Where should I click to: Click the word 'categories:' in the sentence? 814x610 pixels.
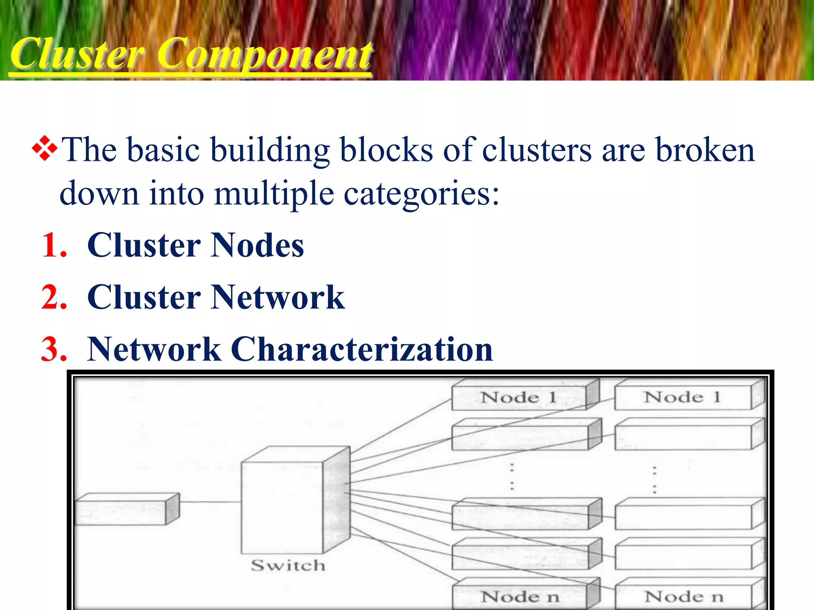[421, 194]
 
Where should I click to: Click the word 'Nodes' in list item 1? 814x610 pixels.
[258, 245]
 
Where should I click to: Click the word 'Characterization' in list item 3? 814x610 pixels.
[362, 349]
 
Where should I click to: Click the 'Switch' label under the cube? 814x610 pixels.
[288, 565]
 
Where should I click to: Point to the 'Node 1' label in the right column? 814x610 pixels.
[682, 397]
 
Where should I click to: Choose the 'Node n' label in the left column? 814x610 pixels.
[520, 596]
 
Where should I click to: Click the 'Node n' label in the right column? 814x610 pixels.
[684, 596]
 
